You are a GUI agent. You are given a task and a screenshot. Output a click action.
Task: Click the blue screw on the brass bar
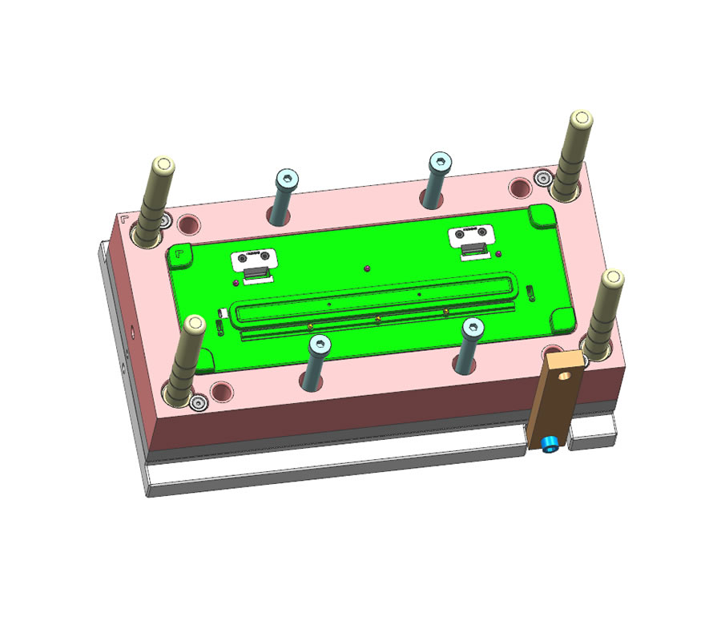550,445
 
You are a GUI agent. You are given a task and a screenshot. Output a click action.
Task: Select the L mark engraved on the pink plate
123,218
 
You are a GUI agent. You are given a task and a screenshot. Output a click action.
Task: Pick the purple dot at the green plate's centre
365,268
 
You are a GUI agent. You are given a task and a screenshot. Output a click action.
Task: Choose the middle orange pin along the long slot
377,319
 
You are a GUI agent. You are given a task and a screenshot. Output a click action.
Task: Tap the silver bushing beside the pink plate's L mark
166,220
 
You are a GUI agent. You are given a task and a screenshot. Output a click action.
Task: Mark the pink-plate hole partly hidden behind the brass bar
552,350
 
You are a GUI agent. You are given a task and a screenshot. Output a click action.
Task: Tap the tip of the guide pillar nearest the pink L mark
162,167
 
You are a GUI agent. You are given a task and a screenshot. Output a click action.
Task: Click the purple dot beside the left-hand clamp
235,282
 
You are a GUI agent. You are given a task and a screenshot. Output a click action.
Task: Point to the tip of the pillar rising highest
581,119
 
